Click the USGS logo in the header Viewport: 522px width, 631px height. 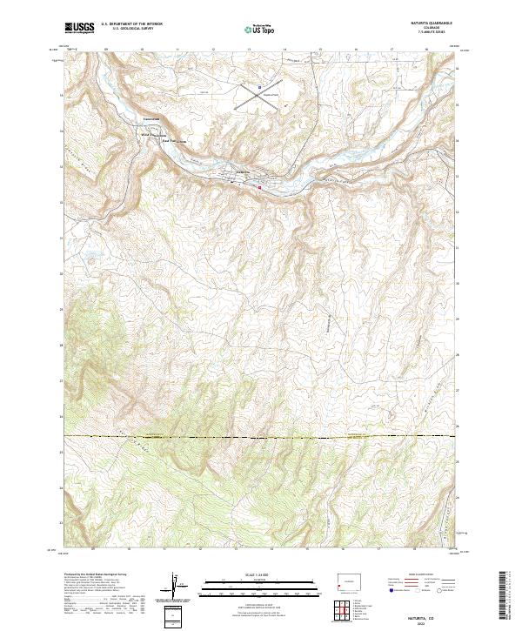click(79, 29)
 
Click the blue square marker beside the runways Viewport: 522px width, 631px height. click(258, 87)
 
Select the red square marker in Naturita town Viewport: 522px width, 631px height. click(258, 185)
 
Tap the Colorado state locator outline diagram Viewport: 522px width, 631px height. click(351, 578)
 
